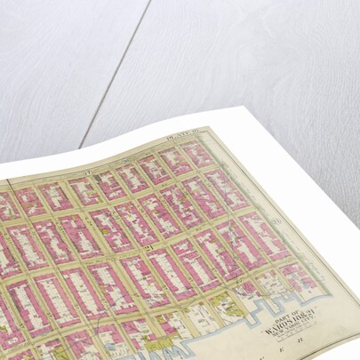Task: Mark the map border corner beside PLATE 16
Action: point(206,128)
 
